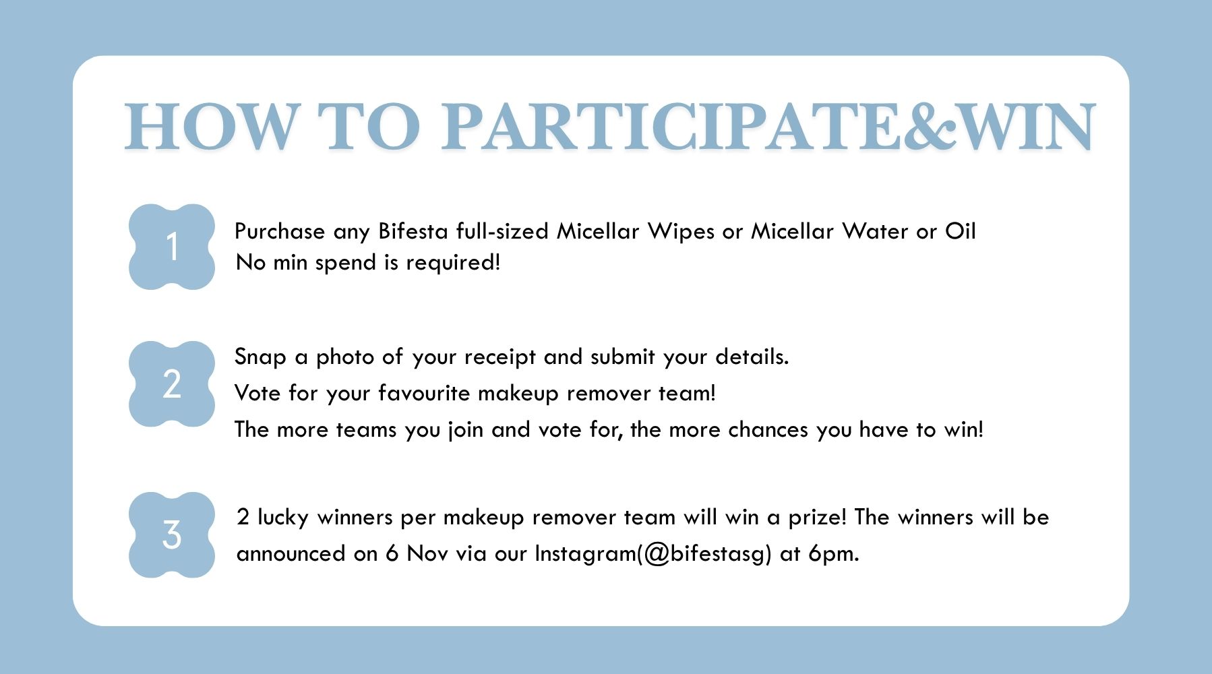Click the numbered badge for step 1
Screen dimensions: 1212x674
[172, 247]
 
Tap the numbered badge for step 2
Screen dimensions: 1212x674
[172, 384]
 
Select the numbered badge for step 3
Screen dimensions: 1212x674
[172, 534]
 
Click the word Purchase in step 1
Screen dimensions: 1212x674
[280, 232]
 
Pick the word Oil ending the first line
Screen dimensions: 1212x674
[960, 231]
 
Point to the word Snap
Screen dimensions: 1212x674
[260, 357]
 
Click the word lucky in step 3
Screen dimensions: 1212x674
[283, 518]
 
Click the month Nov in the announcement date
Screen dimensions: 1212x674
[427, 554]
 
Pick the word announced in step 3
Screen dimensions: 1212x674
[291, 554]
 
